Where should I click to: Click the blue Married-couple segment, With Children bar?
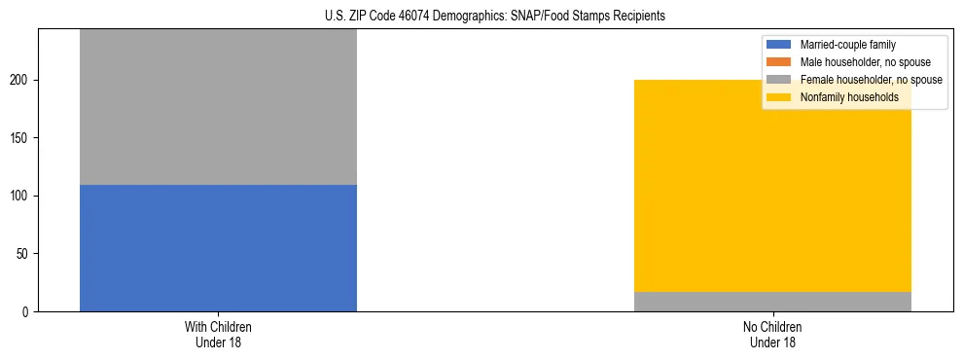pyautogui.click(x=218, y=248)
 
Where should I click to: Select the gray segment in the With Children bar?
pyautogui.click(x=218, y=107)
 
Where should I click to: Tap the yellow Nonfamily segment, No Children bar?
pyautogui.click(x=772, y=185)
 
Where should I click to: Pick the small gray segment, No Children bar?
pyautogui.click(x=772, y=302)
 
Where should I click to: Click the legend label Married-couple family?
pyautogui.click(x=847, y=45)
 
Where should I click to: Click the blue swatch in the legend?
pyautogui.click(x=779, y=45)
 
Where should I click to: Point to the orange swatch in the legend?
pyautogui.click(x=779, y=62)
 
